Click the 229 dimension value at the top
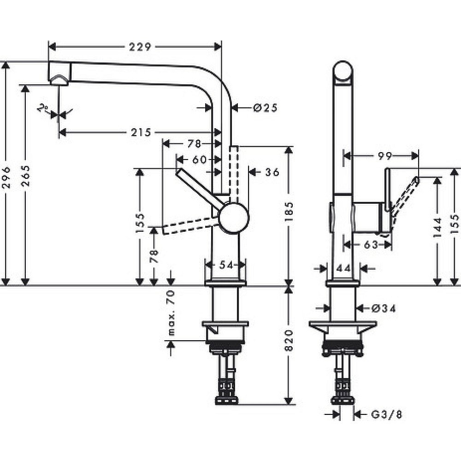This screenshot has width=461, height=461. point(141,47)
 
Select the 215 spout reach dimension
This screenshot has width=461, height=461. point(141,133)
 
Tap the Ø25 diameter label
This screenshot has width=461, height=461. point(265,108)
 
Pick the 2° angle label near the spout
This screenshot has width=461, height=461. point(44,109)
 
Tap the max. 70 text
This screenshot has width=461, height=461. point(171,313)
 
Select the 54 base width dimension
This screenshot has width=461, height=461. point(225,265)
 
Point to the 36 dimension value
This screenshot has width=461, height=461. point(272,172)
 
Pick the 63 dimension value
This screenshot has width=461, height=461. point(371,245)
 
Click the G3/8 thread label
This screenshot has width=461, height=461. point(386,414)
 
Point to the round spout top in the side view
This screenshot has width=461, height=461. point(343,72)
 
